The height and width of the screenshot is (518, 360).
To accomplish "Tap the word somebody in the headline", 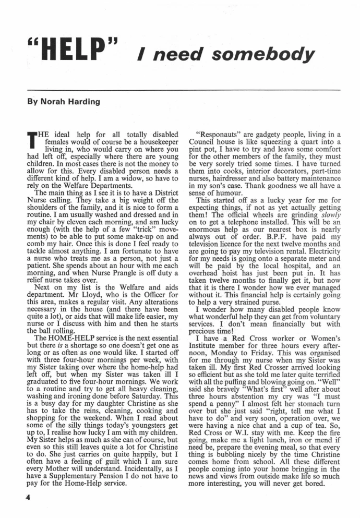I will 273,54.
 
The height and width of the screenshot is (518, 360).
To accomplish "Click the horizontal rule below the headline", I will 179,90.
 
